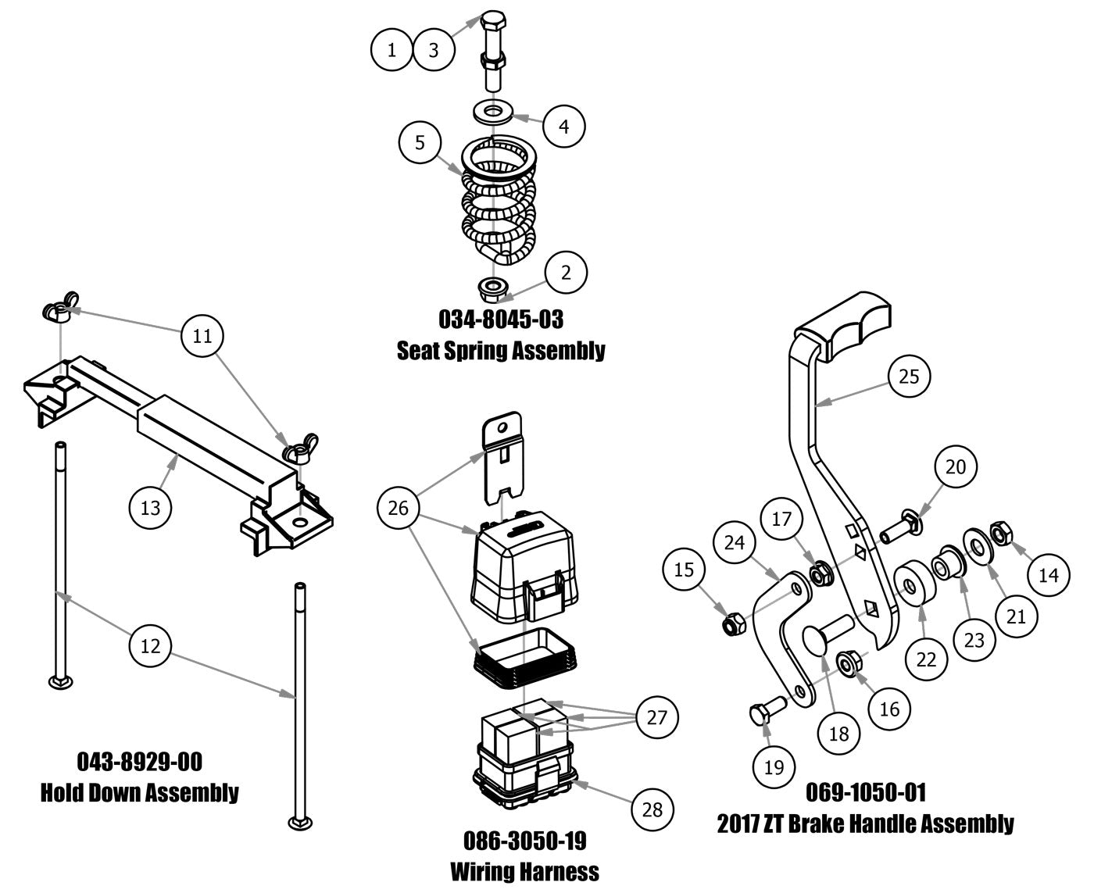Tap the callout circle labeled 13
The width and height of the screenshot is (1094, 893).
tap(150, 507)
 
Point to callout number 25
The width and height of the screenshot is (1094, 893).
tap(910, 377)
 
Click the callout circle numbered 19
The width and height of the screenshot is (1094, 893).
tap(774, 766)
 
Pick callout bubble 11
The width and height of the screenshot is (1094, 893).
tap(202, 336)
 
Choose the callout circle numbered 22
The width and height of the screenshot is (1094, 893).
tap(926, 659)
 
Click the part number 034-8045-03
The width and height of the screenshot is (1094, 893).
tap(501, 319)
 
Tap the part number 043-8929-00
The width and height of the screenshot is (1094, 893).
tap(140, 761)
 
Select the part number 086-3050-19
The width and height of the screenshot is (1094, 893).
tap(524, 841)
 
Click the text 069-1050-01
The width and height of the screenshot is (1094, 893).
tap(866, 792)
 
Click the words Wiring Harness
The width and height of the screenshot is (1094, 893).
tap(524, 870)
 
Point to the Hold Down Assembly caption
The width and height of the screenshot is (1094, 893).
tap(140, 792)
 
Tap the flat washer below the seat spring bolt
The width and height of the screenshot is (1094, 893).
tap(492, 112)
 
